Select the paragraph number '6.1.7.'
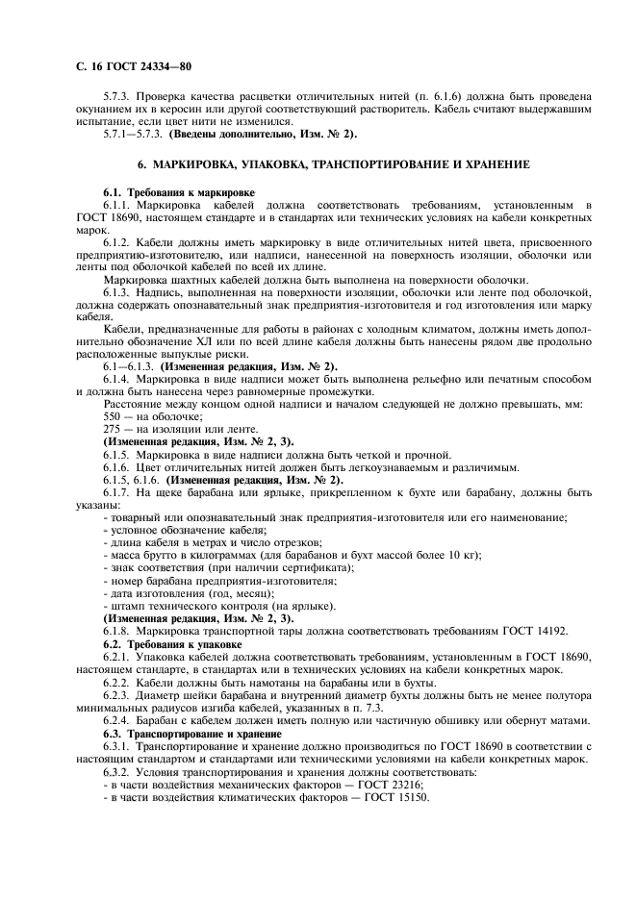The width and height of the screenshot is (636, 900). [x=119, y=492]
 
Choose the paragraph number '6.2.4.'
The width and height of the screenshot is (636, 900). [x=119, y=720]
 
